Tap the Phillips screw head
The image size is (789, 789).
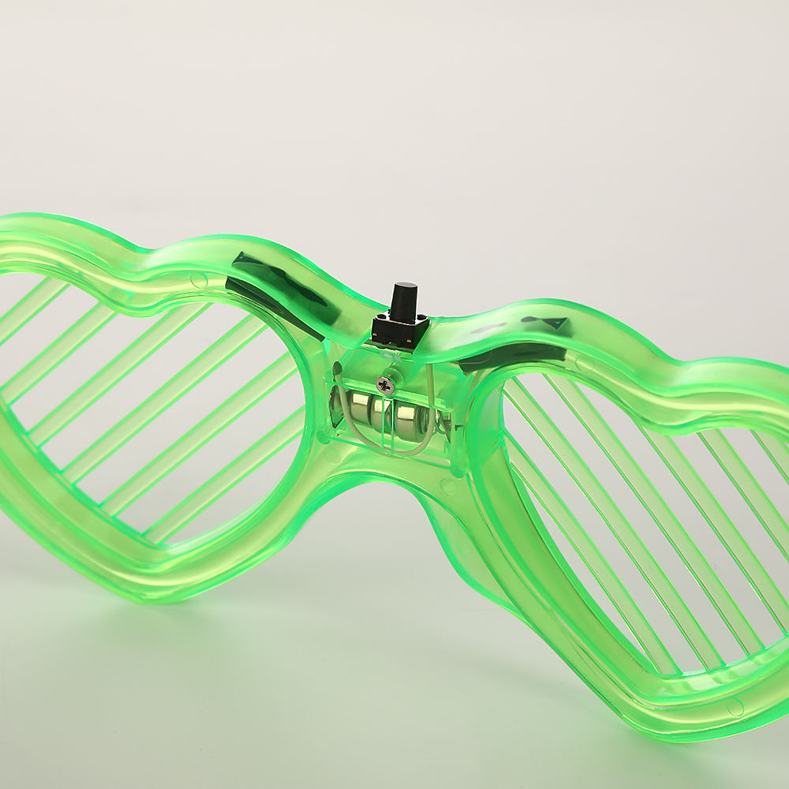click(386, 385)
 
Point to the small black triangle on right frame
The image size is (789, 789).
click(555, 323)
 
